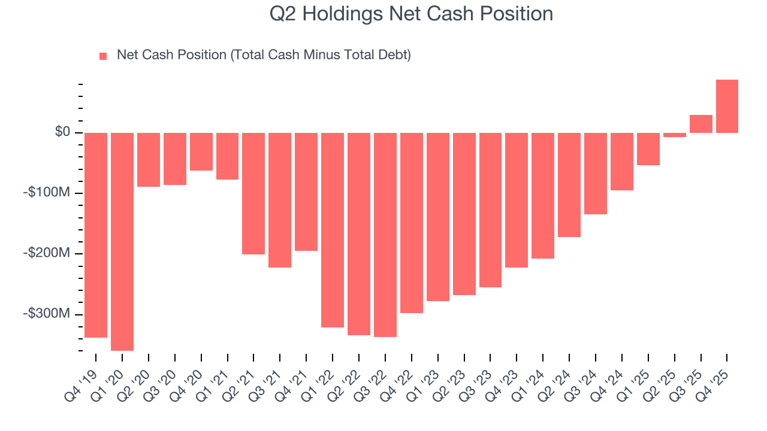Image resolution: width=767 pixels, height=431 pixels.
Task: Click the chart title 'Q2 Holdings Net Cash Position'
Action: tap(411, 14)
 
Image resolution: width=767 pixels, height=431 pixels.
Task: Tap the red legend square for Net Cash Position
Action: tap(103, 56)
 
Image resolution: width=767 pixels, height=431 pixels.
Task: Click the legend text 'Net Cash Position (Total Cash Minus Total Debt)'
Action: tap(264, 55)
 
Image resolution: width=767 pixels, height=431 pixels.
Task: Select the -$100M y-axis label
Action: tap(47, 193)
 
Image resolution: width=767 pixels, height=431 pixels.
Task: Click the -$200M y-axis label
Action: tap(47, 253)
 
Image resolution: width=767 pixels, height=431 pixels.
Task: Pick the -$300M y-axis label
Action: tap(47, 314)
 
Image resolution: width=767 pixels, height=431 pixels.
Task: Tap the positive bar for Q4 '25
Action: tap(727, 106)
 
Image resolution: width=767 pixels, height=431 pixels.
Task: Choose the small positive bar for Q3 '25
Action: tap(700, 123)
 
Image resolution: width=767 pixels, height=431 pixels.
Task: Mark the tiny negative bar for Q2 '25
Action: tap(674, 135)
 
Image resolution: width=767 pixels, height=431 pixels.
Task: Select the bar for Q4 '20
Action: tap(201, 151)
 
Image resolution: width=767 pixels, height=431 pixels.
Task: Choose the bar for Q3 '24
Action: tap(596, 173)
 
